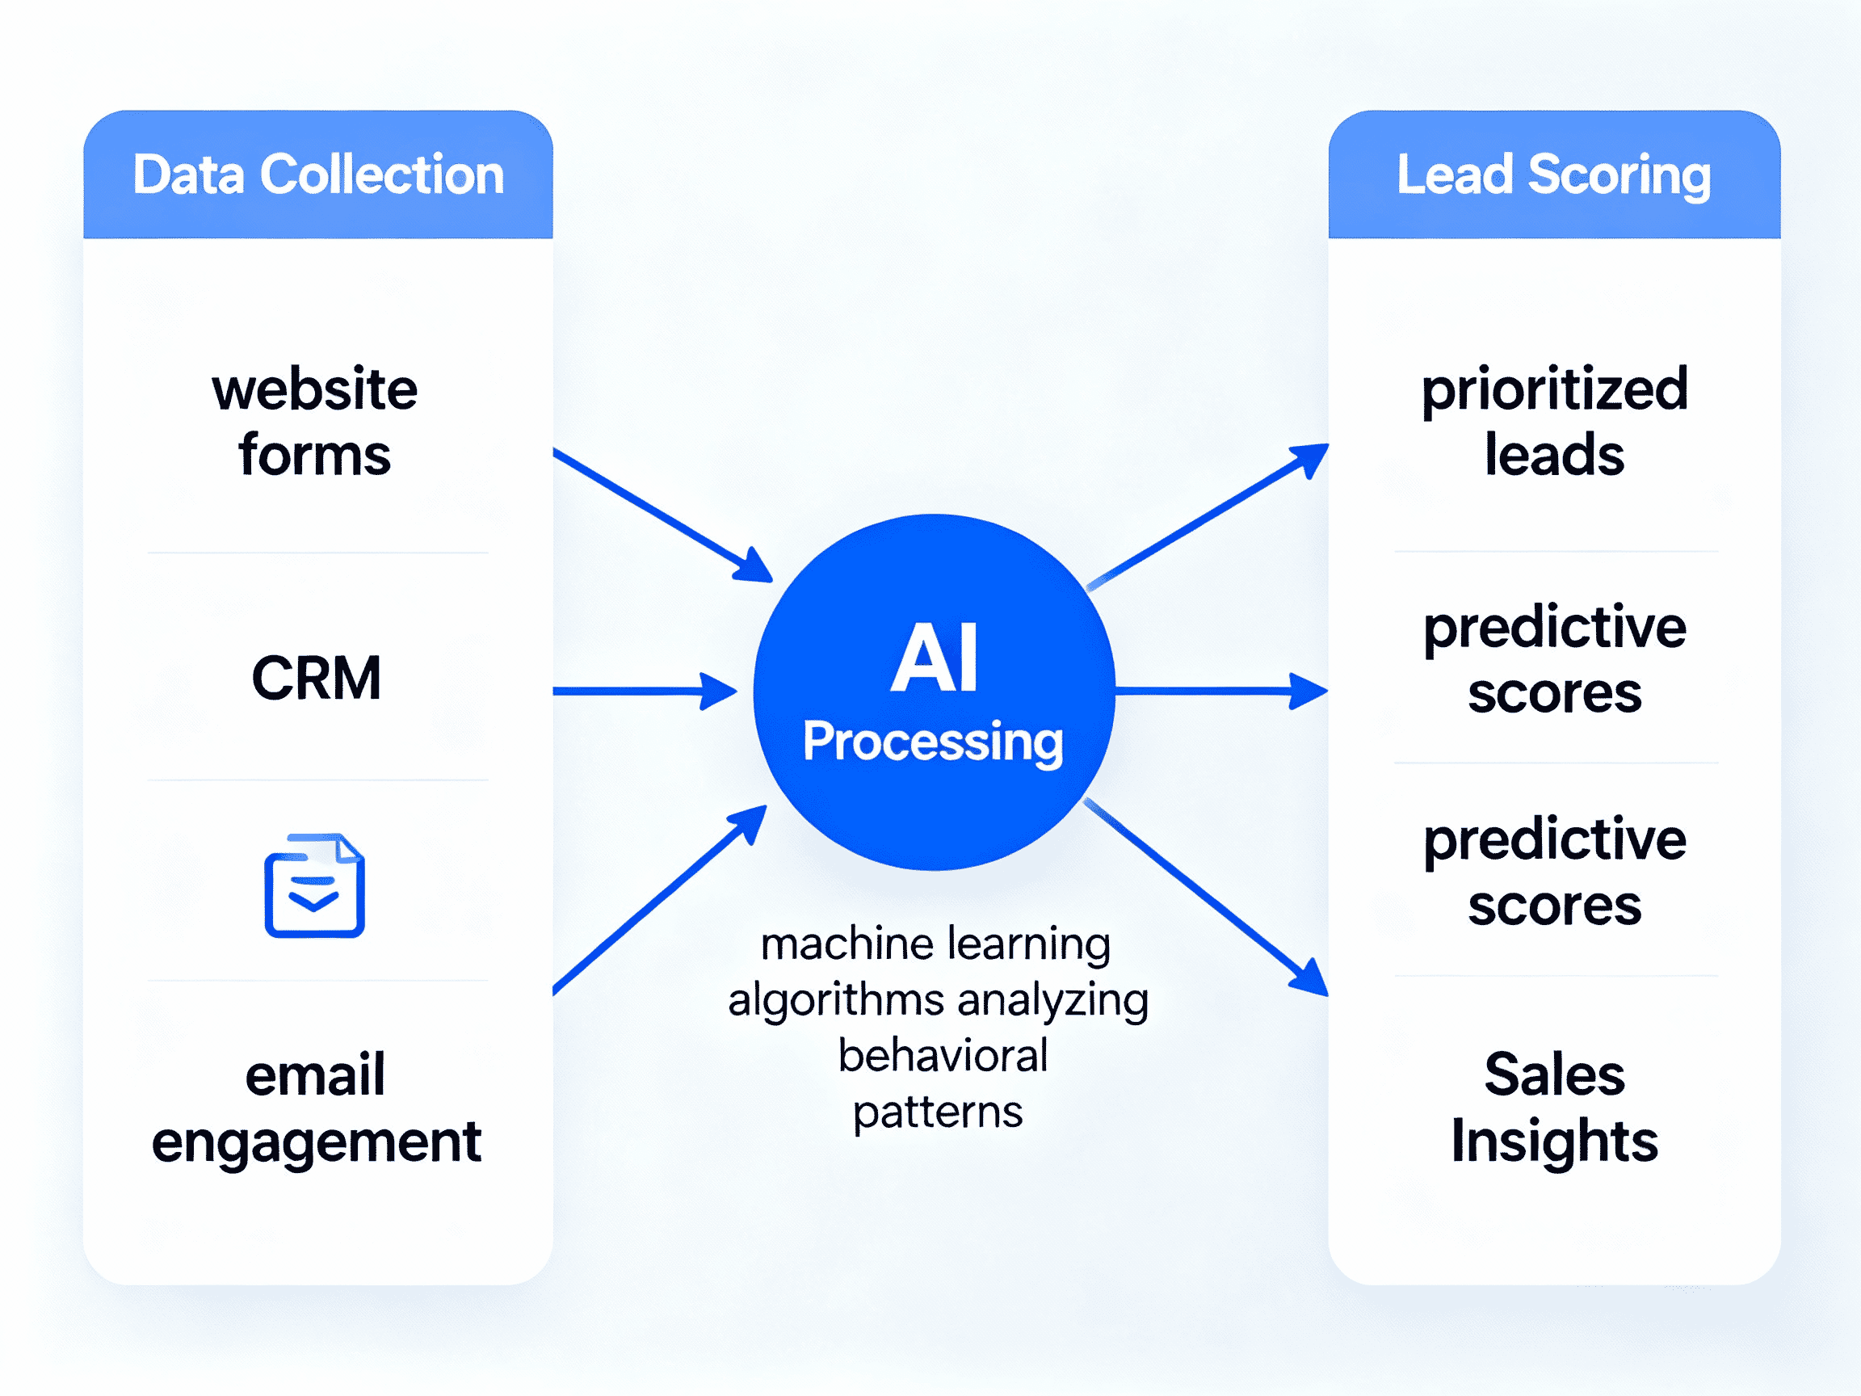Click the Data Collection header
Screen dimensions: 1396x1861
pos(318,175)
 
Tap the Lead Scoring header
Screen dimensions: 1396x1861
pos(1553,175)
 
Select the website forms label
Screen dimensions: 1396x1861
pos(315,422)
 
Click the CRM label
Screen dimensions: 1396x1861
pos(317,679)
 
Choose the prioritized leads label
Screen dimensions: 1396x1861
pos(1555,422)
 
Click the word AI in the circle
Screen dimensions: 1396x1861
pos(934,658)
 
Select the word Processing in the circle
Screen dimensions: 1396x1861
pos(933,742)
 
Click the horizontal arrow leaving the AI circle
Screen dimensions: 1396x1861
pos(1220,691)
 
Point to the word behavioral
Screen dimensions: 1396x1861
pos(943,1056)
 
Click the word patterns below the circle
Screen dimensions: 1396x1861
pos(938,1112)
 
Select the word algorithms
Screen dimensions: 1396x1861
pos(835,1000)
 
